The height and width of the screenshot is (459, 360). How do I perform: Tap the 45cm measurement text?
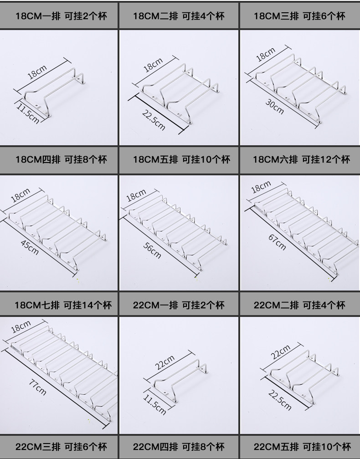(31, 248)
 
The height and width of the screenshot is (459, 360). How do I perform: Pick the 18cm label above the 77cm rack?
(21, 327)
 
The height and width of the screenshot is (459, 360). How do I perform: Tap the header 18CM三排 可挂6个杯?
(299, 16)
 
